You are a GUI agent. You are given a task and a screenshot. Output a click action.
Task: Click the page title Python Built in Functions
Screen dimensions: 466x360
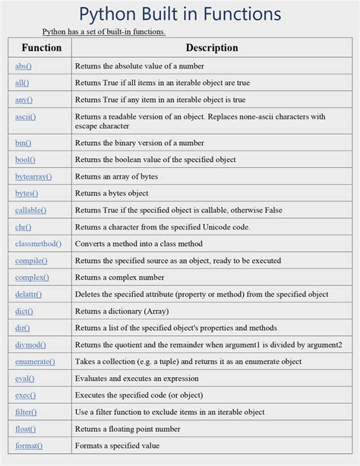tap(180, 14)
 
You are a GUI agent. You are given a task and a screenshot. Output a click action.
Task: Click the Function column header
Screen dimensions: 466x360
tap(41, 48)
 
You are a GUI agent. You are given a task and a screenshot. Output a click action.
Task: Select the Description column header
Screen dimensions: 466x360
tap(212, 48)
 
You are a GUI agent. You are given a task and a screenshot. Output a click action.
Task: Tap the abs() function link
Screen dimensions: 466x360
tap(24, 66)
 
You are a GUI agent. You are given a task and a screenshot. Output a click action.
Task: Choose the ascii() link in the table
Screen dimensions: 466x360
tap(26, 117)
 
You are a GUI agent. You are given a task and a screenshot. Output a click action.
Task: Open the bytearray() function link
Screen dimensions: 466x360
tap(33, 176)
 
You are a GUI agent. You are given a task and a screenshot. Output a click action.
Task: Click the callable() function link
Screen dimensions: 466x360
tap(30, 210)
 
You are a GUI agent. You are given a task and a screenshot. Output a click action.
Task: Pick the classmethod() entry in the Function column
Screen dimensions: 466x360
tap(38, 244)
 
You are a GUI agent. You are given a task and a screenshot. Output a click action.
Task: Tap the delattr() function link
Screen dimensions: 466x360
tap(28, 294)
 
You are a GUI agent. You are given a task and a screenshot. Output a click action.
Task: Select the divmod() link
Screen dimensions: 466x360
tap(30, 345)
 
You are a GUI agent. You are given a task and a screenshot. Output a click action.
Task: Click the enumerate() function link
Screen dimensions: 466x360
tap(34, 362)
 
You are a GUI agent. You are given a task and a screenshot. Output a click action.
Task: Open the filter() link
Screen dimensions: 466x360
tap(26, 412)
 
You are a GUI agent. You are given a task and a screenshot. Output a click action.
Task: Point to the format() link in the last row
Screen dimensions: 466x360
tap(29, 446)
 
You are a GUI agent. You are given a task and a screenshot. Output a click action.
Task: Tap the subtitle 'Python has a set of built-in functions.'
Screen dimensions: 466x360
tap(103, 31)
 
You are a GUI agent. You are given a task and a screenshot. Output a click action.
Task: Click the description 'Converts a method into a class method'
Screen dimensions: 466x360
tap(138, 244)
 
